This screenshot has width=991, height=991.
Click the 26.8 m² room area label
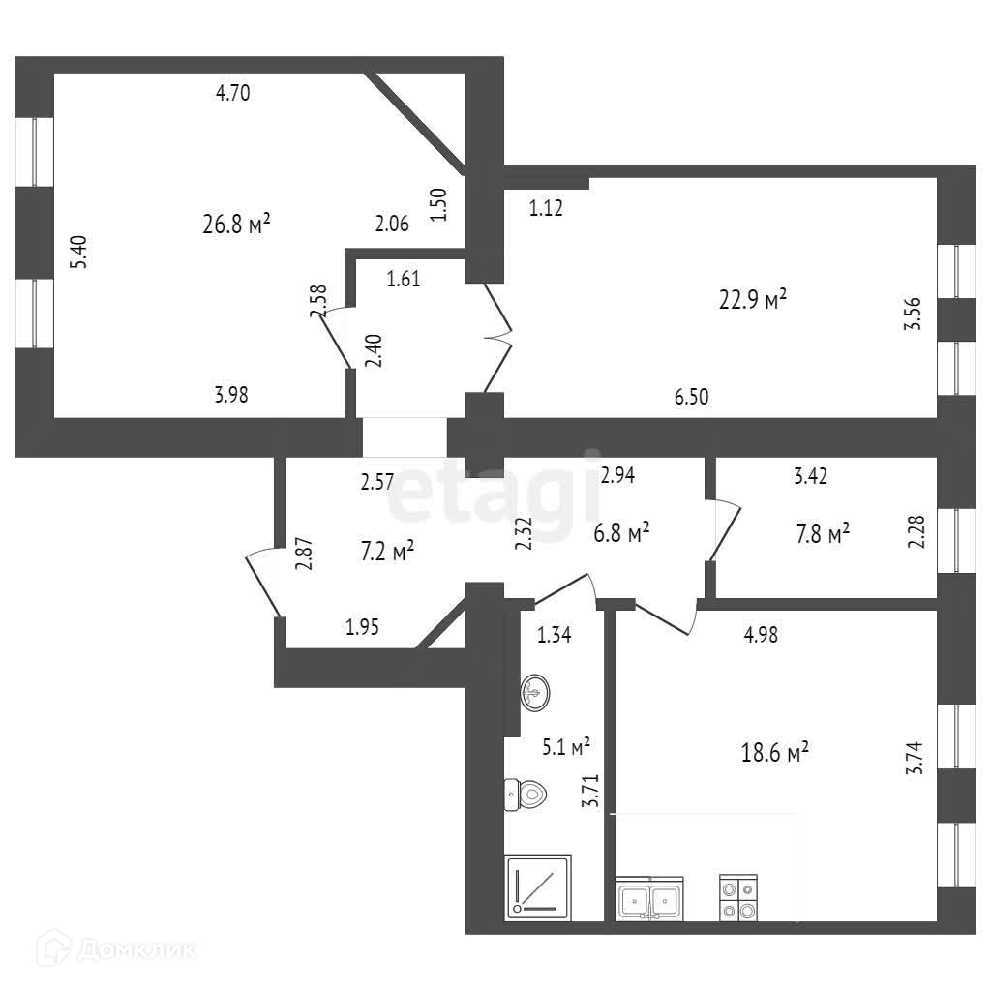(236, 225)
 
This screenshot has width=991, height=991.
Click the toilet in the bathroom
(526, 795)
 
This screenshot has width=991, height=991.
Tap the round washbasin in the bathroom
(535, 692)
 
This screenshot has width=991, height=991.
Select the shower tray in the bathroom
(539, 885)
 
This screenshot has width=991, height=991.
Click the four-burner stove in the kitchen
(738, 897)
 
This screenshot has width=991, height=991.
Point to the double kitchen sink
(650, 899)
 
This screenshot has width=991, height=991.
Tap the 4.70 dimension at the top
(233, 94)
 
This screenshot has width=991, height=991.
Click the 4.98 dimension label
(760, 635)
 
